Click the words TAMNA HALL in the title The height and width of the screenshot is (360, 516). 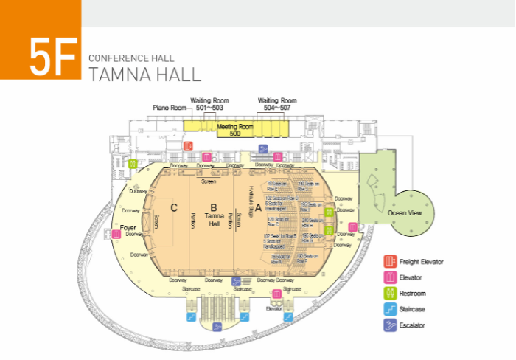(x=144, y=74)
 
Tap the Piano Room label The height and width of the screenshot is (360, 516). (x=170, y=108)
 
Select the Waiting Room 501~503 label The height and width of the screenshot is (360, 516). (x=209, y=104)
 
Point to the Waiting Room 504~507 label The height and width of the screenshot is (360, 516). (x=277, y=104)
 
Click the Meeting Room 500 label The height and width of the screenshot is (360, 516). (x=235, y=130)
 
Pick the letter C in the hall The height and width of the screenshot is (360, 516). (x=174, y=207)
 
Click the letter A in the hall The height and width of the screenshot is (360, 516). (x=258, y=207)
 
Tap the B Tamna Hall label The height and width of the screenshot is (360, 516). (x=214, y=215)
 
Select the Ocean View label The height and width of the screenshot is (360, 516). (x=405, y=212)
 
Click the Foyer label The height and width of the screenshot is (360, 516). (x=128, y=218)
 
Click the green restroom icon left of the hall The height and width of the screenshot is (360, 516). (x=132, y=165)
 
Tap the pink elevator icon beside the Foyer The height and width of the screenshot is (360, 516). (x=116, y=235)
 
